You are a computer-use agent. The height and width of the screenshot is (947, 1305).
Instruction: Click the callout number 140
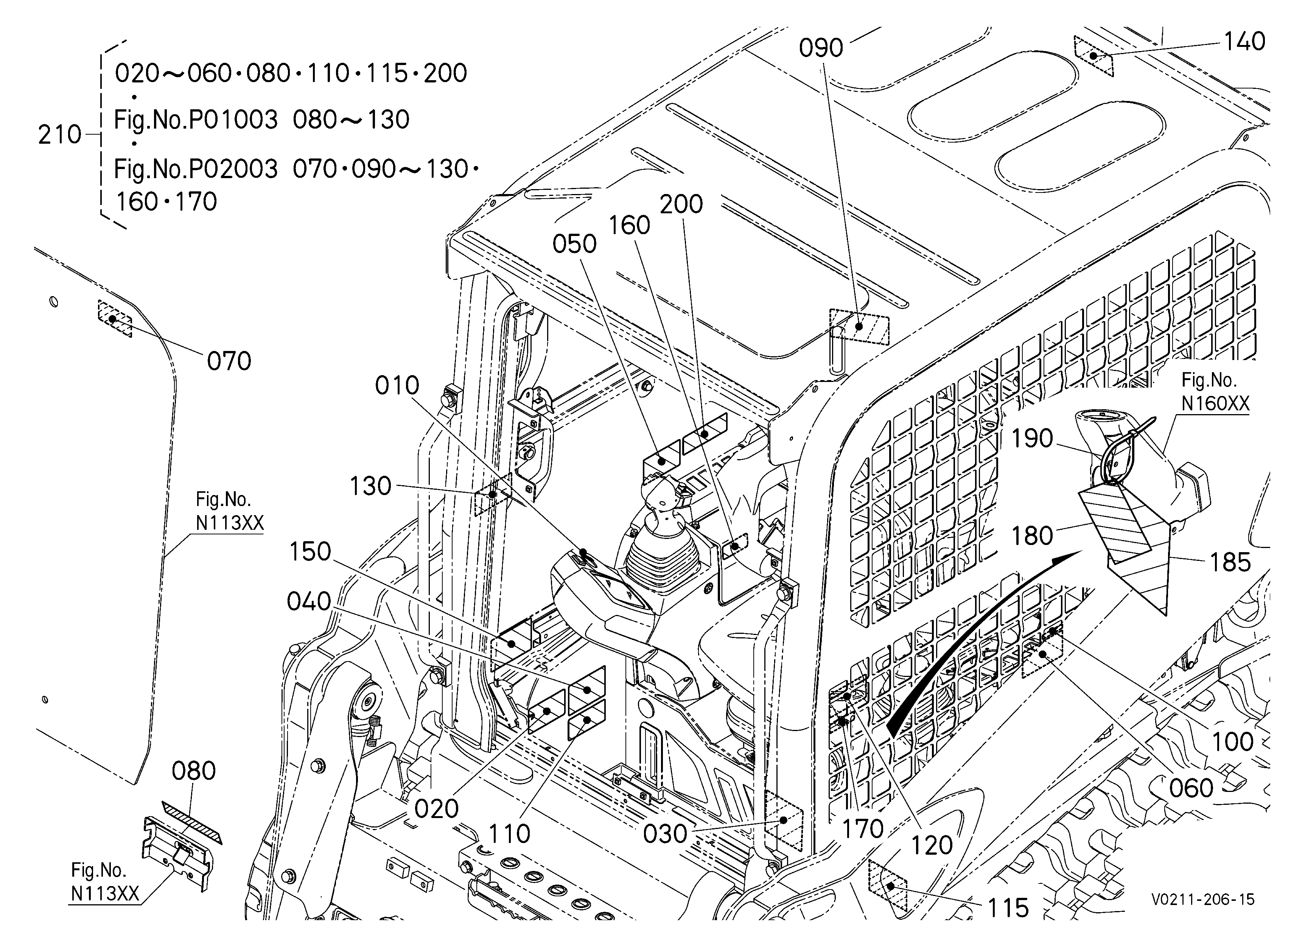1244,41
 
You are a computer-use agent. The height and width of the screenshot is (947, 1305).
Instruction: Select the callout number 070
229,361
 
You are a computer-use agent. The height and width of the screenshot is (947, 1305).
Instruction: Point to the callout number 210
60,135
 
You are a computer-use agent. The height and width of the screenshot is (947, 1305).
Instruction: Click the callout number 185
1230,562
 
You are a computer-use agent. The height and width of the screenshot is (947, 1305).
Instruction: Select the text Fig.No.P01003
196,120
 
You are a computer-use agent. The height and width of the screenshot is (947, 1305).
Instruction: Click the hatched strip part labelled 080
192,823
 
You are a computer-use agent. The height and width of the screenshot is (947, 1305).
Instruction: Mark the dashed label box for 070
115,318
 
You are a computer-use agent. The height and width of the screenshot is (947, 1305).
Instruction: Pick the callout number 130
370,486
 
